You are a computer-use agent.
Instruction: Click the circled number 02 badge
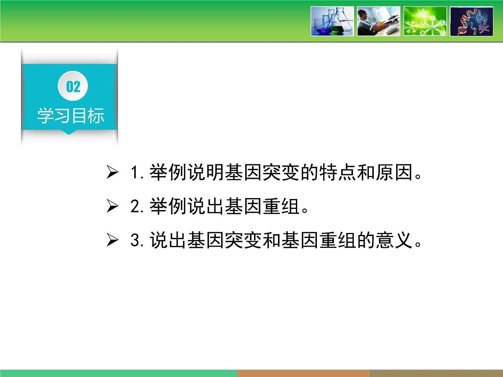[x=73, y=87]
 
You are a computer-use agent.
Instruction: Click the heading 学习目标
[x=70, y=116]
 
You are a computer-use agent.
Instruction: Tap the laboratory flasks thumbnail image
[x=332, y=21]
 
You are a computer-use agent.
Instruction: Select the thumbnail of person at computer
[x=379, y=21]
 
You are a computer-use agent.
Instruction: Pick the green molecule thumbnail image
[x=425, y=21]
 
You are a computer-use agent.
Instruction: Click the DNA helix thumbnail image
[x=472, y=21]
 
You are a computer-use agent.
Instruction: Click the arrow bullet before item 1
[x=112, y=173]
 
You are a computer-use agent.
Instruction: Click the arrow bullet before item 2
[x=112, y=207]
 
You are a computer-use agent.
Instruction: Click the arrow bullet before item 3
[x=112, y=241]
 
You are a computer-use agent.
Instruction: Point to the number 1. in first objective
[x=137, y=173]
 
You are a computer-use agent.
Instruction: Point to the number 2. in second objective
[x=137, y=207]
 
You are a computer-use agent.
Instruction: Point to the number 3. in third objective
[x=137, y=241]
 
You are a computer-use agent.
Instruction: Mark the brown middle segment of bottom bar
[x=303, y=373]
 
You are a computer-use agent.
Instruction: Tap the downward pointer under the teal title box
[x=70, y=132]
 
